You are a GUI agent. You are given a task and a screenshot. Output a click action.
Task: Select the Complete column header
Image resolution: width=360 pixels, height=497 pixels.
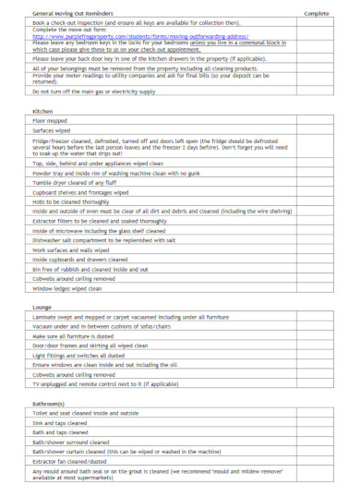point(317,14)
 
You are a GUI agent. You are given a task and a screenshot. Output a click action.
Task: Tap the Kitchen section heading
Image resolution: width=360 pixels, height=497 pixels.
point(42,136)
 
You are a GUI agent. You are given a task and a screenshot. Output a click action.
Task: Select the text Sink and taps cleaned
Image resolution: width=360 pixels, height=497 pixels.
point(61,422)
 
